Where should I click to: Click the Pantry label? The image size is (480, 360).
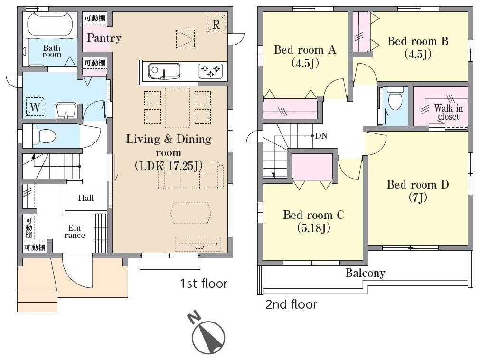click(104, 38)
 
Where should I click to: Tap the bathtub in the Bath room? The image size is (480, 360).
click(50, 25)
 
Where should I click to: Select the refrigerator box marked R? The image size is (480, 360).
click(216, 24)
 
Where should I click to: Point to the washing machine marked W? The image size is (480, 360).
click(35, 107)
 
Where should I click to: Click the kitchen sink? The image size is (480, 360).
click(164, 71)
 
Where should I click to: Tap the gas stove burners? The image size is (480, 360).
click(211, 71)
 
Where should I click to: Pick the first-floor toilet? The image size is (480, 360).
click(44, 135)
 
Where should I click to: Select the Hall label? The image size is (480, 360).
click(86, 198)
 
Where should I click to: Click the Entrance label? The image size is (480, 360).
click(75, 232)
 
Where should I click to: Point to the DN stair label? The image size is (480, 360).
click(321, 136)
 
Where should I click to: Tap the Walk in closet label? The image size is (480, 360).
click(449, 113)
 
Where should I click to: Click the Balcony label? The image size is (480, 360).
click(365, 273)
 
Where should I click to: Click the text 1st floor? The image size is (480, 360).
click(204, 284)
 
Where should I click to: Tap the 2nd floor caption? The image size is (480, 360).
click(291, 304)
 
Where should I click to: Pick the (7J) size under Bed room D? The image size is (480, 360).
click(418, 198)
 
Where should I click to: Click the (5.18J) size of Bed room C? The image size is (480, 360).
click(314, 228)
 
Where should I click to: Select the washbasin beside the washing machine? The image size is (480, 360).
click(66, 111)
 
